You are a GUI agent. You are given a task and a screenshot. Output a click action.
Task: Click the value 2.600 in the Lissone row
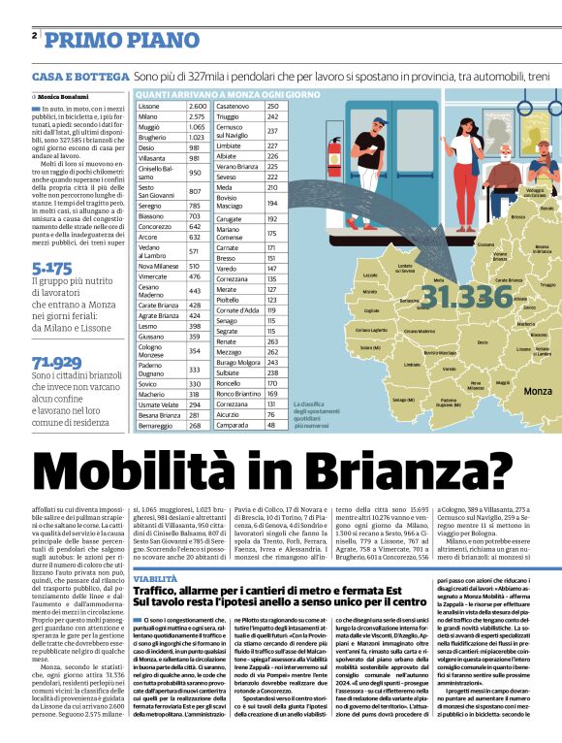197,105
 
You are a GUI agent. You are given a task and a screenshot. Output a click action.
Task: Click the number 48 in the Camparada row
271,425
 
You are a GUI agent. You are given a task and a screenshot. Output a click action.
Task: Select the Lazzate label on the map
370,276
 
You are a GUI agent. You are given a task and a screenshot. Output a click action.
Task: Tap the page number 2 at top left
34,36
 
